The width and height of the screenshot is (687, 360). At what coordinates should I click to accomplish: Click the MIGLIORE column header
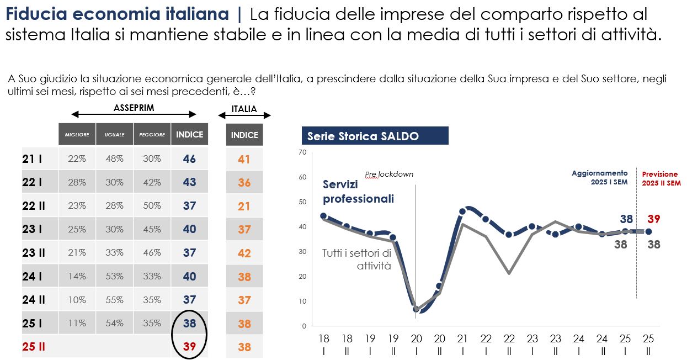click(x=77, y=135)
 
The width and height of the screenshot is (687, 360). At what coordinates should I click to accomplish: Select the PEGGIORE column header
click(x=152, y=135)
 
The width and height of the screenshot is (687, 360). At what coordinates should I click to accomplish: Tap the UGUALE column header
click(x=114, y=135)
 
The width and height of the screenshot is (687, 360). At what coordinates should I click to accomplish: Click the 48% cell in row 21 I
click(x=114, y=159)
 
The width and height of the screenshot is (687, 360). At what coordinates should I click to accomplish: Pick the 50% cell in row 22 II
click(x=152, y=206)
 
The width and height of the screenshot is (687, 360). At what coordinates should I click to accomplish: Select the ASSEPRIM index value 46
click(x=189, y=159)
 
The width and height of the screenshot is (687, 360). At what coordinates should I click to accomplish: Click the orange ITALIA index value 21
click(x=244, y=206)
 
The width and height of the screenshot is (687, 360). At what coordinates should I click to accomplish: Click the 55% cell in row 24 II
click(x=114, y=300)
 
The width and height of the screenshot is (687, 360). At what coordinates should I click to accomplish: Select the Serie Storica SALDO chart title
click(x=363, y=136)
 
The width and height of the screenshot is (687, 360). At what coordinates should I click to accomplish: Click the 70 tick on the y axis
click(x=302, y=152)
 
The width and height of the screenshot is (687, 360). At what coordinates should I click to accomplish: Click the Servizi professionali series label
click(x=358, y=192)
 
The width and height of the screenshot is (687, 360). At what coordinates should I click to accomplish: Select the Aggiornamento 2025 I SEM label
click(x=599, y=177)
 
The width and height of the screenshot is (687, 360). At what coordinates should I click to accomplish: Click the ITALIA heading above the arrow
click(x=244, y=109)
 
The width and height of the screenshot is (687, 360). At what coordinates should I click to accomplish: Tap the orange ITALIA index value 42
click(x=244, y=253)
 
